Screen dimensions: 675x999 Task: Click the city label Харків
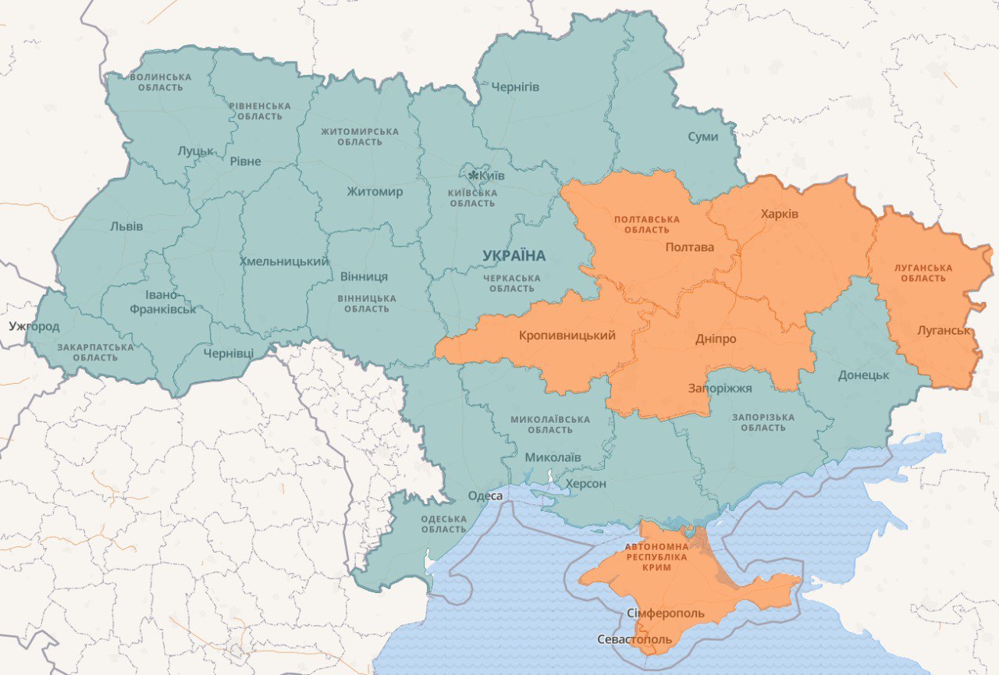tap(779, 214)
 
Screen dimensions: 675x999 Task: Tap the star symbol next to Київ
tap(473, 176)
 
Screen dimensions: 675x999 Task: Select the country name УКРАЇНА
tap(514, 256)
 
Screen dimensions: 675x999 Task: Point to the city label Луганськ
tap(944, 331)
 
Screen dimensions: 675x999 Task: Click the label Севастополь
tap(634, 640)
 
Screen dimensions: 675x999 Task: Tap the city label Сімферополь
tap(665, 613)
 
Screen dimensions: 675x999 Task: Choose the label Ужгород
tap(34, 325)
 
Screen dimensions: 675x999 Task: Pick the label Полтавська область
tap(647, 225)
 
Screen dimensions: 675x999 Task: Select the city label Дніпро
tap(715, 339)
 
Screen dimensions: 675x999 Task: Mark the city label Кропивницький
tap(567, 336)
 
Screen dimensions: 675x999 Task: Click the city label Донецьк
tap(863, 375)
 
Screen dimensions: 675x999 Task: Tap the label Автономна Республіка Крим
tap(656, 557)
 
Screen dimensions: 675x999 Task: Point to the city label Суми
tap(702, 137)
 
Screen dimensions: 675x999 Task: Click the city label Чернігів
tap(514, 87)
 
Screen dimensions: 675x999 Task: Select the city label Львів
tap(126, 227)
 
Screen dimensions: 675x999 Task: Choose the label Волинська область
tap(161, 82)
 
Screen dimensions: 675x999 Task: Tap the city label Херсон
tap(585, 485)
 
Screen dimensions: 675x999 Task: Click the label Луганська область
tap(925, 272)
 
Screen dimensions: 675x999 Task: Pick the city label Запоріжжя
tap(720, 388)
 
